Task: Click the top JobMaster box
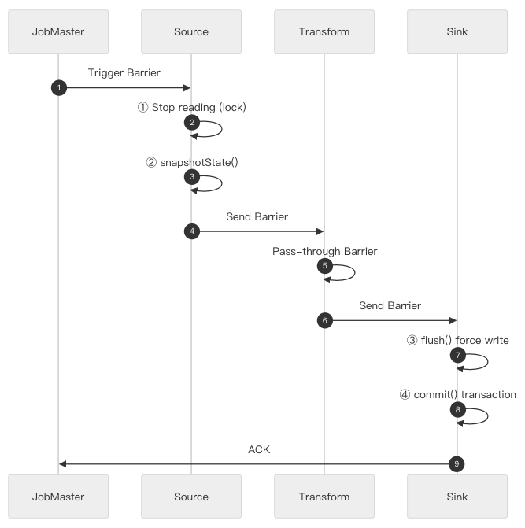pos(58,31)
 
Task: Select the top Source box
pos(190,31)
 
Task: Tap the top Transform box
pos(324,31)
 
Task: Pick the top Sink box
pos(457,31)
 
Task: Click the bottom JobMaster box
pos(58,497)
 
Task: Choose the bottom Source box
pos(190,497)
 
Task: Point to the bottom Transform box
pos(324,497)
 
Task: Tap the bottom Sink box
pos(457,497)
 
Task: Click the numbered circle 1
pos(58,87)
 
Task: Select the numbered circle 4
pos(191,231)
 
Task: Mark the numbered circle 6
pos(324,320)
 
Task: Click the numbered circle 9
pos(457,464)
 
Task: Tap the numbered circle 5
pos(324,267)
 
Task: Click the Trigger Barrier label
pos(124,72)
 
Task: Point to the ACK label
pos(258,449)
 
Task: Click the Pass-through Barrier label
pos(325,252)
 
